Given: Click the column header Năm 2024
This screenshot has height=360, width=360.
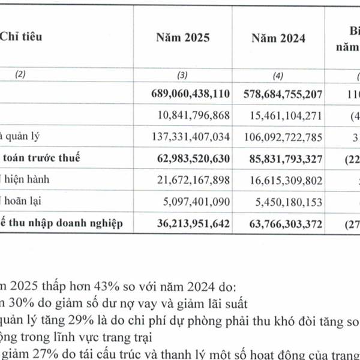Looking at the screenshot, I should tap(278, 38).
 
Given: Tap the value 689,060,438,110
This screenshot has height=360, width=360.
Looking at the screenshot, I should tap(189, 94).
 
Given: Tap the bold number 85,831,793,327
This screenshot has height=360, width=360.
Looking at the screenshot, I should tap(283, 159).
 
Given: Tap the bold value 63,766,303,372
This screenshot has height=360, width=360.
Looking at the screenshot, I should tap(283, 224).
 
